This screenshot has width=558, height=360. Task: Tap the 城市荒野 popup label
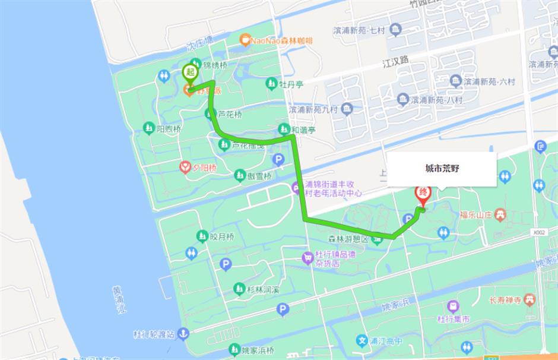tap(442, 169)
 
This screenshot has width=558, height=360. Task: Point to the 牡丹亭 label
tap(291, 84)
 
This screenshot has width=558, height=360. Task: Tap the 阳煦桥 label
tap(168, 128)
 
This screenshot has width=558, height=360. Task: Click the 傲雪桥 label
tap(260, 176)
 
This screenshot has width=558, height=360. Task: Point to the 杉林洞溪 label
tap(264, 289)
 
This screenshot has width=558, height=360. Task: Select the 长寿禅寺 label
tap(505, 300)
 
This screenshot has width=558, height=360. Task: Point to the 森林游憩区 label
tap(349, 239)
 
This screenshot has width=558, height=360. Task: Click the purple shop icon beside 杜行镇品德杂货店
tap(307, 258)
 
